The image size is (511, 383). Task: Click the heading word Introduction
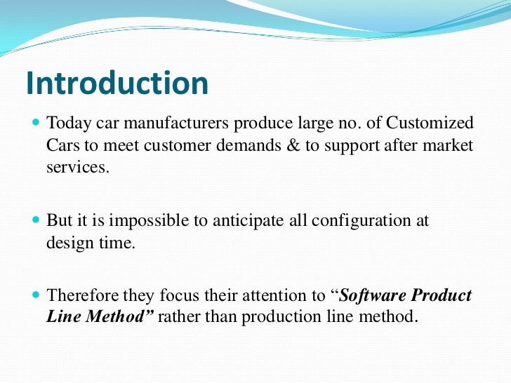tap(117, 83)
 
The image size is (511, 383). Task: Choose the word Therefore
tap(81, 295)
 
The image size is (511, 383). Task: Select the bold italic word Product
tap(446, 295)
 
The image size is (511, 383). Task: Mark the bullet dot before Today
tap(36, 124)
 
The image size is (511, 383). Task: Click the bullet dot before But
tap(36, 220)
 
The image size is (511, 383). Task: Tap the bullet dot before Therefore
tap(36, 295)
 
